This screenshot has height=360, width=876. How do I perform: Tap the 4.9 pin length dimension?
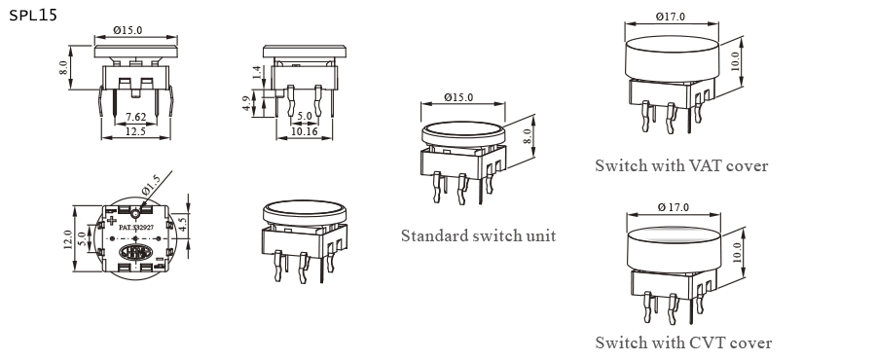tap(247, 103)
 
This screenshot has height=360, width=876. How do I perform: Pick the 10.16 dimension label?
tap(305, 132)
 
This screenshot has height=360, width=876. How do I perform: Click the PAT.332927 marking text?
tap(135, 226)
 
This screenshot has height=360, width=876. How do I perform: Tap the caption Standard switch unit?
tap(478, 235)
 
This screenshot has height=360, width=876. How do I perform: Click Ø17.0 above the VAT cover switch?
tap(671, 17)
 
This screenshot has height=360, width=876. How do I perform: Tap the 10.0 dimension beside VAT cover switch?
tap(736, 59)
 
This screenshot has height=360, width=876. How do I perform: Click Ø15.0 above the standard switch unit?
tap(457, 97)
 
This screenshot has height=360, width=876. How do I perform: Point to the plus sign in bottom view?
tap(112, 220)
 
